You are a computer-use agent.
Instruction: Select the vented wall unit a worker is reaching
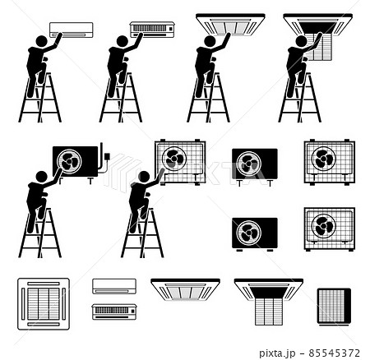(x=152, y=30)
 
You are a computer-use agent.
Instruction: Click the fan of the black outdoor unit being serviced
(x=69, y=161)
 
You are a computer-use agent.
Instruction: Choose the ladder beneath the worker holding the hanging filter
(x=299, y=99)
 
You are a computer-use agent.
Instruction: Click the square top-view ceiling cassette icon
(x=44, y=302)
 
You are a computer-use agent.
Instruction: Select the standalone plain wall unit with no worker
(x=114, y=286)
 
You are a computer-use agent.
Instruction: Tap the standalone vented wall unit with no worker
(x=114, y=312)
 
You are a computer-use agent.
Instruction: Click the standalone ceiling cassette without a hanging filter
(x=185, y=288)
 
